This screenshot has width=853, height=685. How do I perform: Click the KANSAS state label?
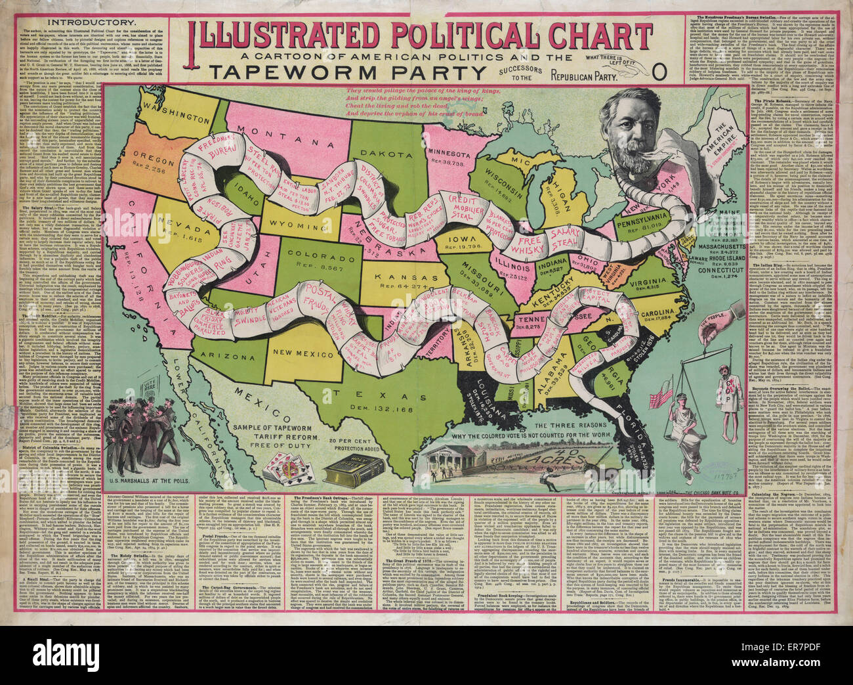click(x=395, y=277)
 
